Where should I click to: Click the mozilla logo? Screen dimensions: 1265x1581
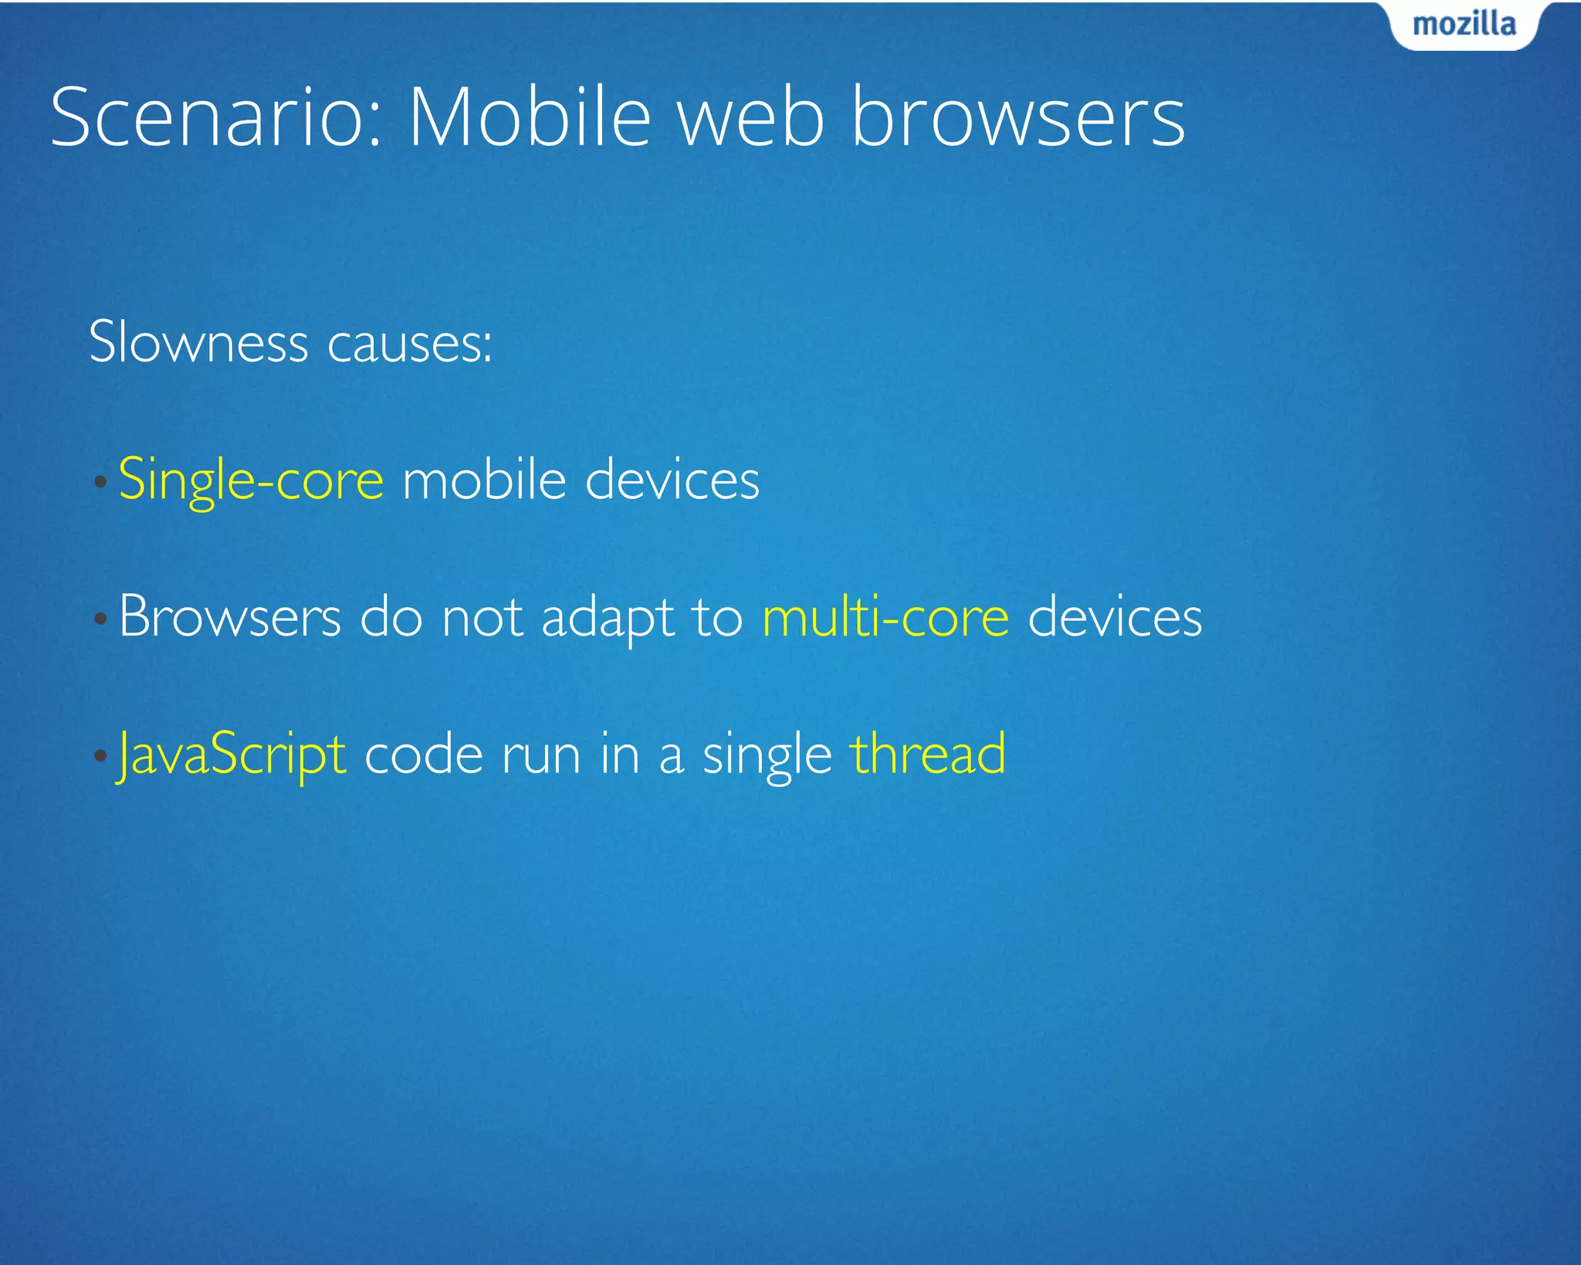click(1464, 25)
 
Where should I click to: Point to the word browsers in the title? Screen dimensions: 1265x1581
click(1017, 117)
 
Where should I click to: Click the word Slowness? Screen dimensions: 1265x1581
click(198, 341)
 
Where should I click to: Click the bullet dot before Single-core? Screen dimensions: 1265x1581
click(100, 483)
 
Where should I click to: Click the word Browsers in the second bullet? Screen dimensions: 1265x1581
click(230, 617)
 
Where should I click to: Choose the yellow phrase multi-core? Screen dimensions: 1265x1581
click(885, 617)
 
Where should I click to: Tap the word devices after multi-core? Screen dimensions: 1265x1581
click(1115, 617)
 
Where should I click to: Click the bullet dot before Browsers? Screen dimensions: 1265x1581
click(100, 619)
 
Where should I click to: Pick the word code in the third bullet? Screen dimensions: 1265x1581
click(423, 755)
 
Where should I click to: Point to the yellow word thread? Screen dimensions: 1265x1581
click(928, 754)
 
